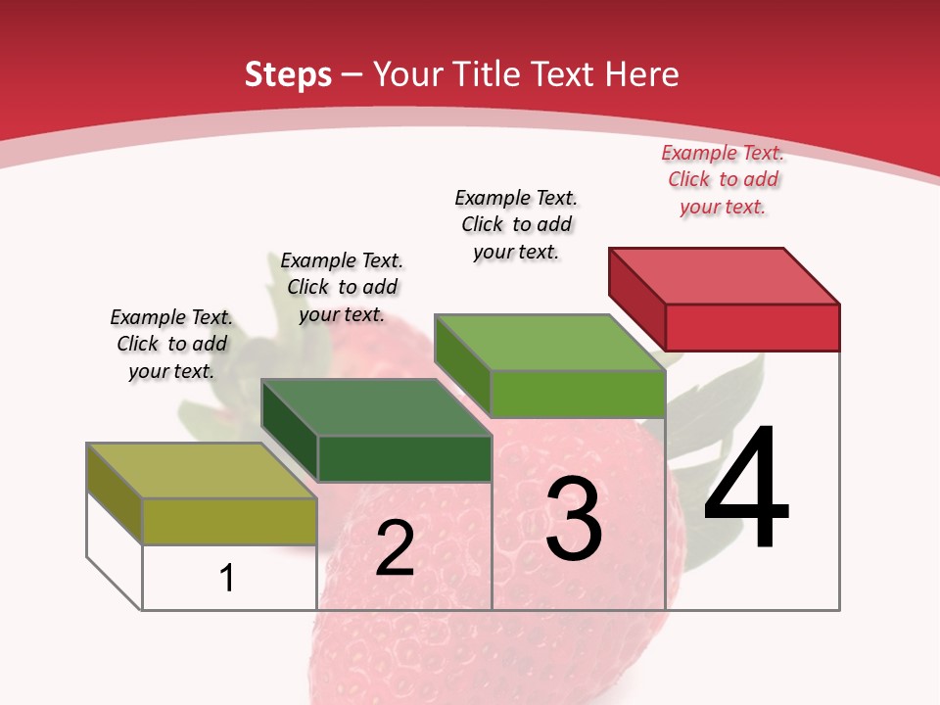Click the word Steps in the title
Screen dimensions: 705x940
[x=288, y=74]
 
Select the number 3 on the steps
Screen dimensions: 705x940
[x=574, y=519]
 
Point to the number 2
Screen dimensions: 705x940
[x=395, y=548]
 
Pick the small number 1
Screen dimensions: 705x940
[x=226, y=578]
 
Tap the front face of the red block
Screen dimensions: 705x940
[x=752, y=327]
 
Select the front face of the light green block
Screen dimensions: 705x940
[x=578, y=394]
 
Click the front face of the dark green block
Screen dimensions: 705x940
[x=404, y=458]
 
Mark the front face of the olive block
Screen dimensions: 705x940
[x=229, y=521]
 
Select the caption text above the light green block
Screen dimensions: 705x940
[x=516, y=224]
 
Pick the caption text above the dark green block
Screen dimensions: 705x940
[x=342, y=287]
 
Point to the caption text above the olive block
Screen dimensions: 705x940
[x=171, y=344]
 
